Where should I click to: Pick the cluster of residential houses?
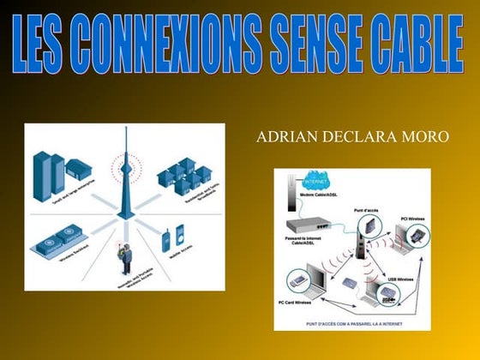tap(183, 176)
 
